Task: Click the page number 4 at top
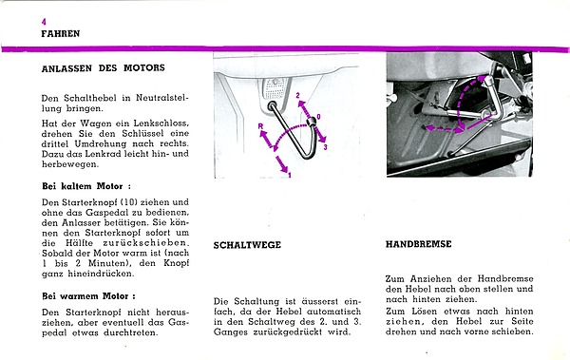point(44,22)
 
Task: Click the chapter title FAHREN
point(61,34)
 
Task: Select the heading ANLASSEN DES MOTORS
point(104,68)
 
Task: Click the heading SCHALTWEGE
point(247,245)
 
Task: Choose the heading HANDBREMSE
point(418,243)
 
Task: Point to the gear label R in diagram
point(260,126)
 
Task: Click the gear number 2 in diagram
point(297,96)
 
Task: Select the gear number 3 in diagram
point(325,147)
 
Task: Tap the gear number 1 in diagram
point(290,176)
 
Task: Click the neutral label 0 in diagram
point(318,117)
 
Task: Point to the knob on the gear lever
point(311,123)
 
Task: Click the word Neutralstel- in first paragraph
point(162,98)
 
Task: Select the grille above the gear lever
point(275,88)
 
